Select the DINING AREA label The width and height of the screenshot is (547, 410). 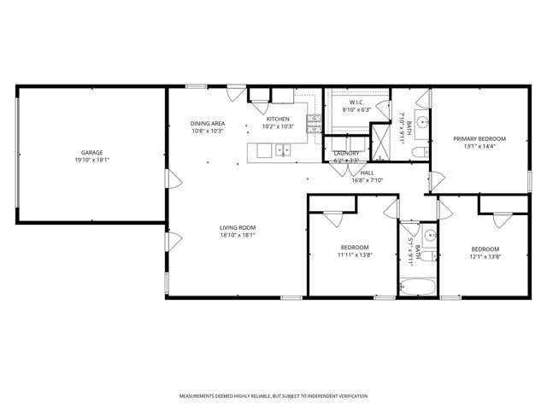207,124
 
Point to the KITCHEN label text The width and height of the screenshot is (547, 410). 278,119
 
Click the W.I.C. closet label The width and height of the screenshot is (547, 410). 357,102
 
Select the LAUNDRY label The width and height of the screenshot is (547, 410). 346,153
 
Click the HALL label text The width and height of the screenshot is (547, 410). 368,172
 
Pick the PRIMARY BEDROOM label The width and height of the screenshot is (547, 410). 479,138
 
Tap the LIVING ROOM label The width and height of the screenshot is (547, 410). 238,227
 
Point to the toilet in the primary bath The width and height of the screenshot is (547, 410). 417,152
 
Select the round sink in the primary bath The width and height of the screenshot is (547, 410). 421,120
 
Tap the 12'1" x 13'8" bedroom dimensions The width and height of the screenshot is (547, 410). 485,256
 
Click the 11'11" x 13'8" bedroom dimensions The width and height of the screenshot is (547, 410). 354,255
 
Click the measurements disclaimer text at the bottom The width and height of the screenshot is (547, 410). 273,396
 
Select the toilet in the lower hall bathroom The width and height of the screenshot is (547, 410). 431,252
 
